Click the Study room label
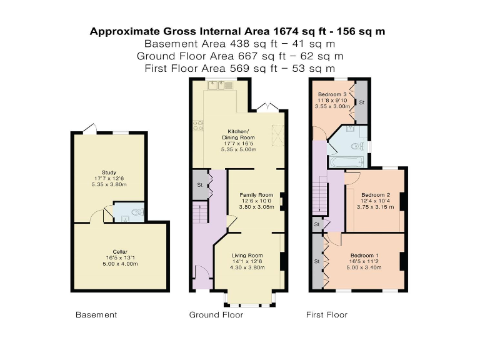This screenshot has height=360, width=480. (x=109, y=172)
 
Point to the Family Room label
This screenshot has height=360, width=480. (x=257, y=195)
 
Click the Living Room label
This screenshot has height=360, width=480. (x=247, y=255)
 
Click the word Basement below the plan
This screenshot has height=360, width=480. (x=96, y=314)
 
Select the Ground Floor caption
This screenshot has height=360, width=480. (x=216, y=314)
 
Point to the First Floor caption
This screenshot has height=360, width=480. (x=326, y=314)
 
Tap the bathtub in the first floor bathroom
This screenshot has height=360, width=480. (x=343, y=162)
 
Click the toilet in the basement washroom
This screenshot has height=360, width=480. (x=138, y=212)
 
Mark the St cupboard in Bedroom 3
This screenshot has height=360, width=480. (x=362, y=101)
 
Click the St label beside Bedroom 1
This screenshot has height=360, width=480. (x=317, y=261)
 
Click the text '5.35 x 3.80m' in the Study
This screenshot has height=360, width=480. (x=109, y=185)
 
